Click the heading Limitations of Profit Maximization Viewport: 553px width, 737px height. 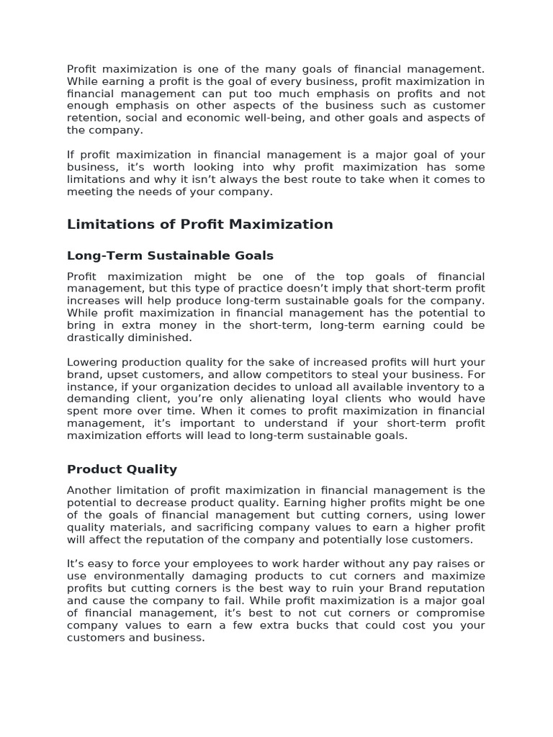[x=199, y=225]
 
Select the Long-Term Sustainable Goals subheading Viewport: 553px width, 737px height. [x=170, y=256]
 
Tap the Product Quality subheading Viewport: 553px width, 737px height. [x=122, y=469]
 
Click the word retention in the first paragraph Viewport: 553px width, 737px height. [x=91, y=118]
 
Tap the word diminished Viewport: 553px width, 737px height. [x=166, y=338]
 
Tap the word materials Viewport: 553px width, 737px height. [x=141, y=527]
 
